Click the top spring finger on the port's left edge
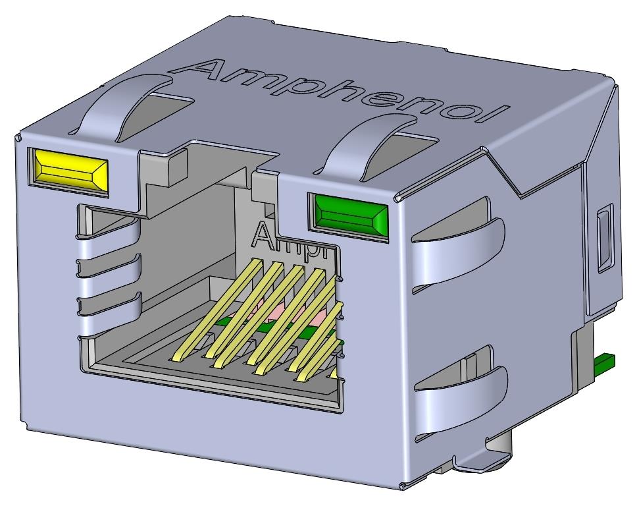(109, 227)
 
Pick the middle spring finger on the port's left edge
(109, 267)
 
